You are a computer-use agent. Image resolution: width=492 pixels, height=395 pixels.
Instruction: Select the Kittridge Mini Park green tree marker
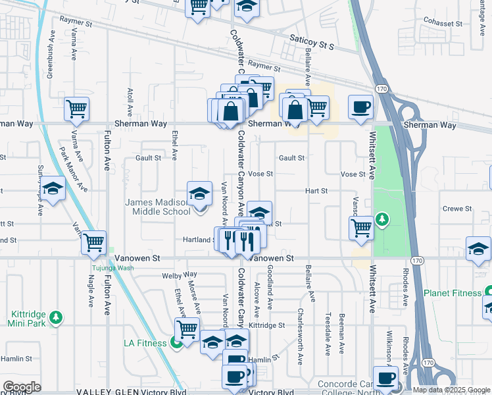(x=57, y=318)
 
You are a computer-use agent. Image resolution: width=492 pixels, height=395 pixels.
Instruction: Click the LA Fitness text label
(x=145, y=343)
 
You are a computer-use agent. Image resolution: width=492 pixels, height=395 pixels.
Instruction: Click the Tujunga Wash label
(x=112, y=268)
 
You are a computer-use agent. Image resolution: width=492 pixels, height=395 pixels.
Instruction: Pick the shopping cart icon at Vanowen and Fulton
(x=93, y=242)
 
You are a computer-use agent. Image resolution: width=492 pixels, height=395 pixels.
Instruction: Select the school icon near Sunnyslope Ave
(x=53, y=189)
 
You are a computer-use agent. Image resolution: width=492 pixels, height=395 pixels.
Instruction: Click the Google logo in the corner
(x=22, y=387)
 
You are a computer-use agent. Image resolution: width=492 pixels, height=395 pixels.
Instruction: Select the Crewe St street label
(x=457, y=209)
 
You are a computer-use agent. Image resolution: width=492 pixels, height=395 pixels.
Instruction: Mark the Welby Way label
(x=180, y=275)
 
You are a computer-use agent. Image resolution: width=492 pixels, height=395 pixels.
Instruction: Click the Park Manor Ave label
(x=73, y=169)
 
